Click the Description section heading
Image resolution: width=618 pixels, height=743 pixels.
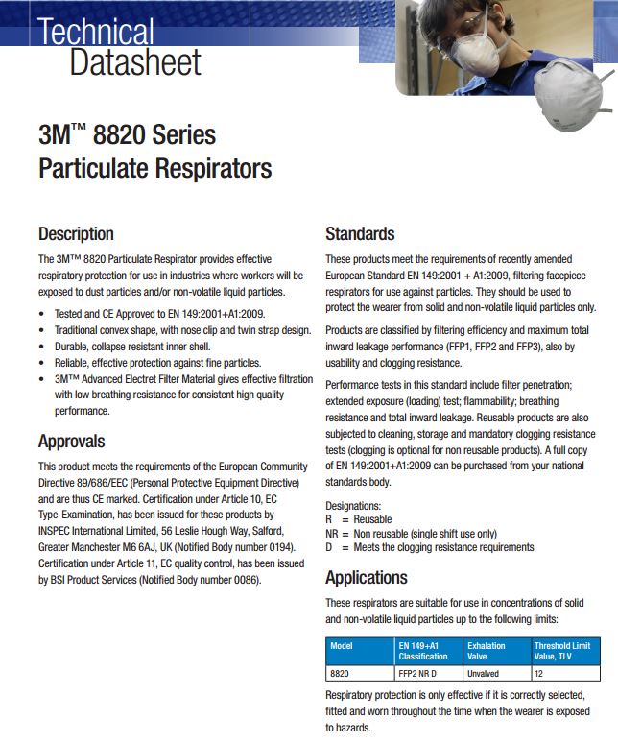point(76,234)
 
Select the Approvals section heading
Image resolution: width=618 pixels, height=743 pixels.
point(72,442)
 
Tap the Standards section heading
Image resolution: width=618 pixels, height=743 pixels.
point(360,234)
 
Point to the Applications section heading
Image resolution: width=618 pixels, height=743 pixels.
point(367,578)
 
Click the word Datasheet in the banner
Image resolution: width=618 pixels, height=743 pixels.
point(135,63)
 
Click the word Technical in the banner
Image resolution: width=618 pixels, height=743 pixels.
point(96,31)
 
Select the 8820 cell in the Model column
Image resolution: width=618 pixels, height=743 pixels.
point(340,674)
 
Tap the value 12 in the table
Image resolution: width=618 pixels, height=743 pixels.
point(539,674)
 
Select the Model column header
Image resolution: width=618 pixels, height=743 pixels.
point(342,646)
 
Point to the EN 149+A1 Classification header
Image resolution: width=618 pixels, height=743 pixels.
point(423,651)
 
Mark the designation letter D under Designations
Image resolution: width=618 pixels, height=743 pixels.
point(329,547)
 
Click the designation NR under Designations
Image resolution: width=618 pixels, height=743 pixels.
point(332,534)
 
